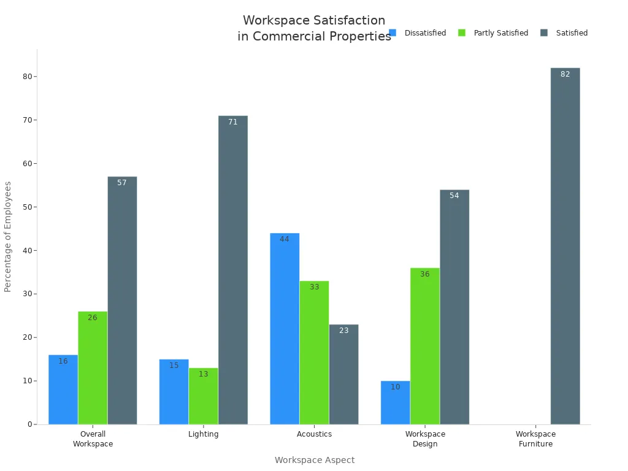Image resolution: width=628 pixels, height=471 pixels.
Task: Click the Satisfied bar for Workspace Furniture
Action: coord(565,245)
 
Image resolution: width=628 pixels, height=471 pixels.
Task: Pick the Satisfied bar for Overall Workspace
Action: coord(122,301)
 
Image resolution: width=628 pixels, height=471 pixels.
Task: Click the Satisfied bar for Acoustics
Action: coord(343,374)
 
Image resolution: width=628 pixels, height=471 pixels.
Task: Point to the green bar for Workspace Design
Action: coord(424,346)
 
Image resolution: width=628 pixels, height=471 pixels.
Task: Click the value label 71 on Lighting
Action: coord(232,122)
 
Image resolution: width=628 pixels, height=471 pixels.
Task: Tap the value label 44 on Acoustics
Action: coord(285,239)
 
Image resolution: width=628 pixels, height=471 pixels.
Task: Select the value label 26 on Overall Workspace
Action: coord(93,318)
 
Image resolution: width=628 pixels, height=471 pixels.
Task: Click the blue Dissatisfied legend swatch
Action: coord(392,33)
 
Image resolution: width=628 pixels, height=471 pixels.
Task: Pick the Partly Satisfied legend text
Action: coord(500,33)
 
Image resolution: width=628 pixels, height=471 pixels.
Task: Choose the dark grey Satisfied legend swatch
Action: coord(544,33)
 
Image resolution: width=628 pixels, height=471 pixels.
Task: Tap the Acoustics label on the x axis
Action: coord(314,434)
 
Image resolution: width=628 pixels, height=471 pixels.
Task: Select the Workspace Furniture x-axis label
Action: coord(535,438)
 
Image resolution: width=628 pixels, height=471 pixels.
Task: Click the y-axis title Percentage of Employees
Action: coord(8,236)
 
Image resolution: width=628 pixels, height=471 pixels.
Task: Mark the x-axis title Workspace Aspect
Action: coord(314,460)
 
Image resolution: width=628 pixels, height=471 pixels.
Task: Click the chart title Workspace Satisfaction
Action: coord(314,21)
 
